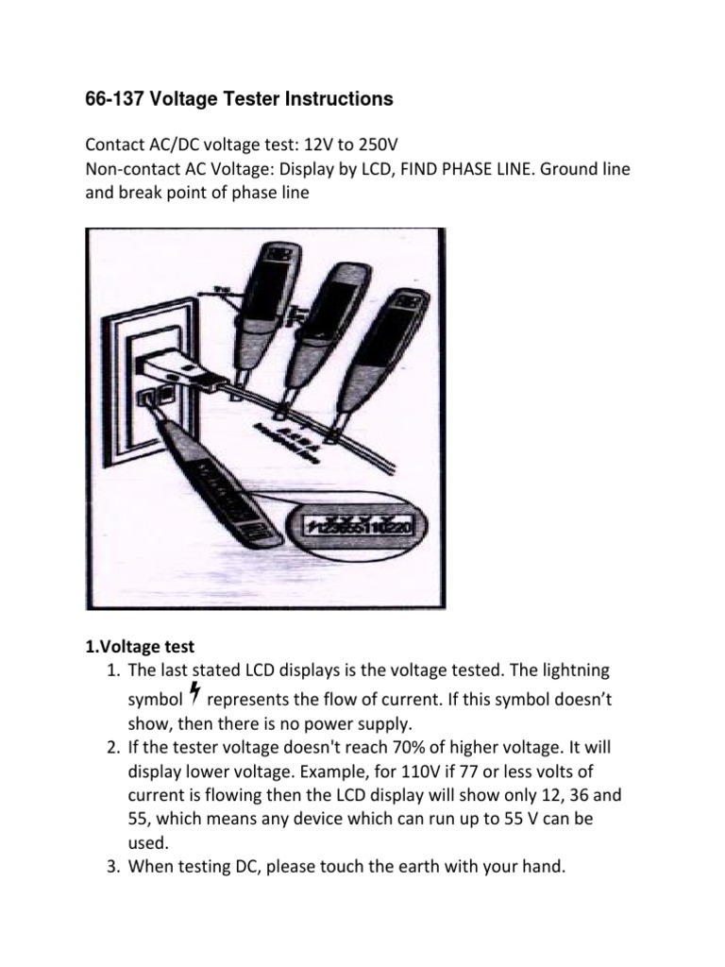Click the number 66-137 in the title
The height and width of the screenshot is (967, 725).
[x=114, y=98]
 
